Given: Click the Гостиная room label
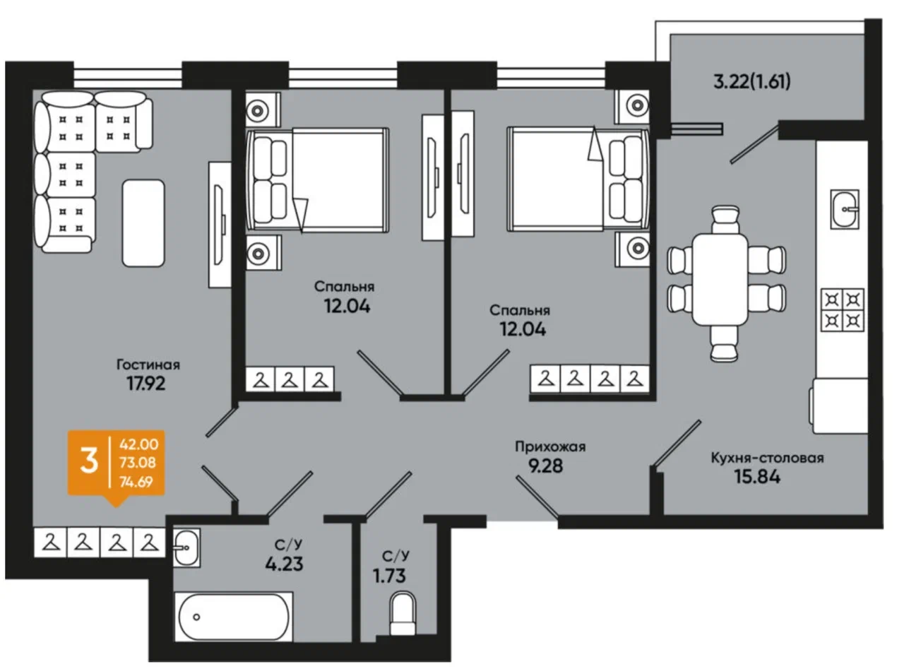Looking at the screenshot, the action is tap(148, 364).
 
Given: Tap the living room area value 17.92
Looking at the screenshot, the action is tap(146, 383).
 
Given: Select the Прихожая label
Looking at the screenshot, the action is tap(550, 446).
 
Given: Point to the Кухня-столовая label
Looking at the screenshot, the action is tap(767, 458).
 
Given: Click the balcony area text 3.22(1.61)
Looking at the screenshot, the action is tap(752, 81).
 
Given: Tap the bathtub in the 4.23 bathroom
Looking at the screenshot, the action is tap(234, 617).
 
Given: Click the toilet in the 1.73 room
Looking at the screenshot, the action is tap(403, 614).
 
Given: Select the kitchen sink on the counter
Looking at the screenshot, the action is tap(845, 208).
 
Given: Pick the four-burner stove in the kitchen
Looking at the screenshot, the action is tap(842, 310).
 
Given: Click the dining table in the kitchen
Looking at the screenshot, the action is tap(720, 279).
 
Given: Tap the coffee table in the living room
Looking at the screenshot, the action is tap(143, 223).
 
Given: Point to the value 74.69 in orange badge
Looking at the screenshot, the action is tap(136, 482).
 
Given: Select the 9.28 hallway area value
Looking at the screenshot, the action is tap(545, 466).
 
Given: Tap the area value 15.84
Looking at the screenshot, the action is tap(757, 477).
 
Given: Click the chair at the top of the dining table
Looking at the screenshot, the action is tap(725, 220).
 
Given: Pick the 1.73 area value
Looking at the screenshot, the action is tap(389, 576).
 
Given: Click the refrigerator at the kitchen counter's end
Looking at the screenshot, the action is tap(839, 405).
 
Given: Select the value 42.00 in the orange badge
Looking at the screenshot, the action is tap(139, 444).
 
